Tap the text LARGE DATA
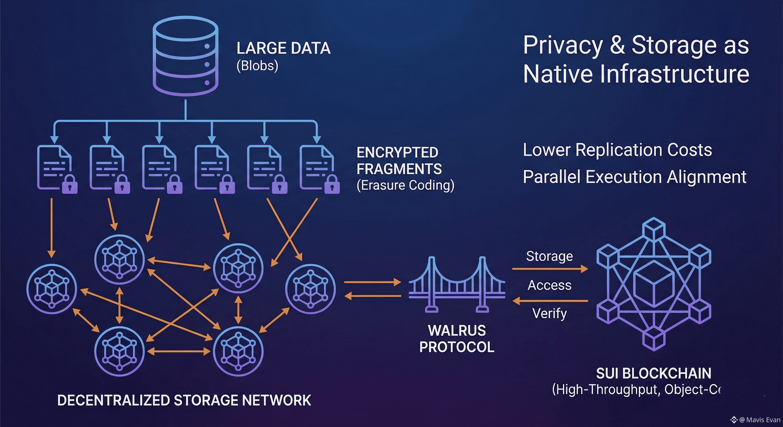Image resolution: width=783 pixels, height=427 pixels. point(283,48)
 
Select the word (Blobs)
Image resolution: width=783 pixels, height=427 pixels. point(257,66)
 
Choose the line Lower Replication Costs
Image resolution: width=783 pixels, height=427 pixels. point(617,150)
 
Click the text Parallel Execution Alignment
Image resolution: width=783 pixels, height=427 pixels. point(634,177)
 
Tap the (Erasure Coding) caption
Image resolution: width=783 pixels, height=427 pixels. point(405,185)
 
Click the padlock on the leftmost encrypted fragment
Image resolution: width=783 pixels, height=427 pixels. point(70,185)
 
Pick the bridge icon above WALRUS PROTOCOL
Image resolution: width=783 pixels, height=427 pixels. point(457,284)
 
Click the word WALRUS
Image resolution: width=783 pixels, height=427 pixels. point(457,331)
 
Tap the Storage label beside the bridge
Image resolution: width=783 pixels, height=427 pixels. point(549,256)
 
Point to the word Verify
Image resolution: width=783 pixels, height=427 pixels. point(549,313)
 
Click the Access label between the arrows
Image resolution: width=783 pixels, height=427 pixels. point(549,285)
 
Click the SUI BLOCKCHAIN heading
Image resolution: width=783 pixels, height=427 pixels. point(653,373)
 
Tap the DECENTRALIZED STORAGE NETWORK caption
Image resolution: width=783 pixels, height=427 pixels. point(184,400)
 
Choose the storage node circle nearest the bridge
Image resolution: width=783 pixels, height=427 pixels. point(310,289)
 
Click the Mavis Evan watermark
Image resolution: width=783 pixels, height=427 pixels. point(759,420)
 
